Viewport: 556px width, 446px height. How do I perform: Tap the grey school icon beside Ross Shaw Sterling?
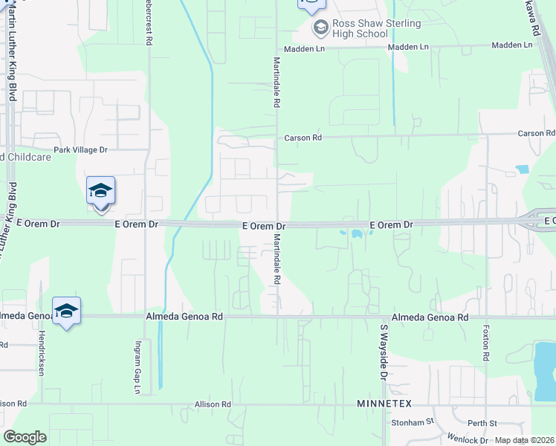(321, 29)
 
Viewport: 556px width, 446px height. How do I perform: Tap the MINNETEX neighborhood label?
(384, 403)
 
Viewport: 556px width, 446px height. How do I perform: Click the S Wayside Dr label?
(384, 352)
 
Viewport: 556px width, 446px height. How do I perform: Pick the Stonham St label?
(412, 422)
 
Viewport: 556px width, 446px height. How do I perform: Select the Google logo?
(25, 437)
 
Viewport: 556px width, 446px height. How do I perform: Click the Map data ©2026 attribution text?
(524, 440)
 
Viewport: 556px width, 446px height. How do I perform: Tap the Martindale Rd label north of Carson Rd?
(276, 83)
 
